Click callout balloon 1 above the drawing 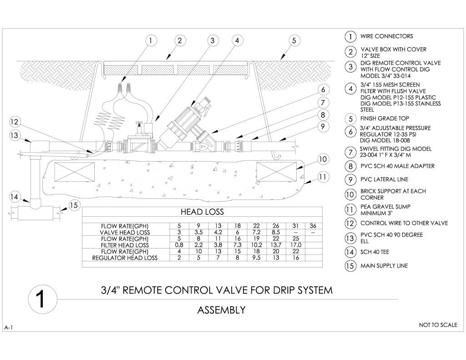(x=150, y=41)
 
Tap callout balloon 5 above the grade (x=294, y=41)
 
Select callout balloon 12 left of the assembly (x=15, y=122)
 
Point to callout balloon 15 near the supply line (x=75, y=205)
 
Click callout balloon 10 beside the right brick (x=323, y=159)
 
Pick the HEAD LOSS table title (x=202, y=212)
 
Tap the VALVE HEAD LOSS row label (x=125, y=232)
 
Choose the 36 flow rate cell (x=313, y=226)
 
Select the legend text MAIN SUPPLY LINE (x=384, y=266)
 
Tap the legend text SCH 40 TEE (x=375, y=252)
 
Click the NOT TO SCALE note (x=438, y=325)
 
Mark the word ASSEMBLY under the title (x=221, y=310)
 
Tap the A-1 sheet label (x=9, y=328)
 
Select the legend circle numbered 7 (x=350, y=152)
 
